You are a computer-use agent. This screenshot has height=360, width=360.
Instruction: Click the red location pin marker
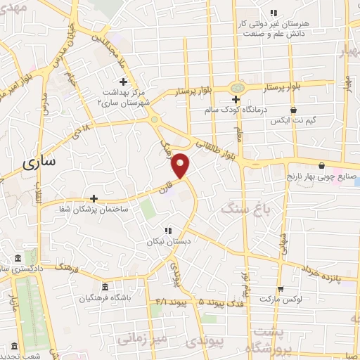point(181,165)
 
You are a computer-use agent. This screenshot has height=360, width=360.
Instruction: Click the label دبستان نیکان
point(168,242)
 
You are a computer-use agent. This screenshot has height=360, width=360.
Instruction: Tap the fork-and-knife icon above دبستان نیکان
point(167,230)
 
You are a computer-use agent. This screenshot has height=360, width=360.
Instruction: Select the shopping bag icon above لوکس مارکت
point(281,288)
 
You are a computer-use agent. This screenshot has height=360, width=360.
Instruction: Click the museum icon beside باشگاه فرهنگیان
point(105,287)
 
